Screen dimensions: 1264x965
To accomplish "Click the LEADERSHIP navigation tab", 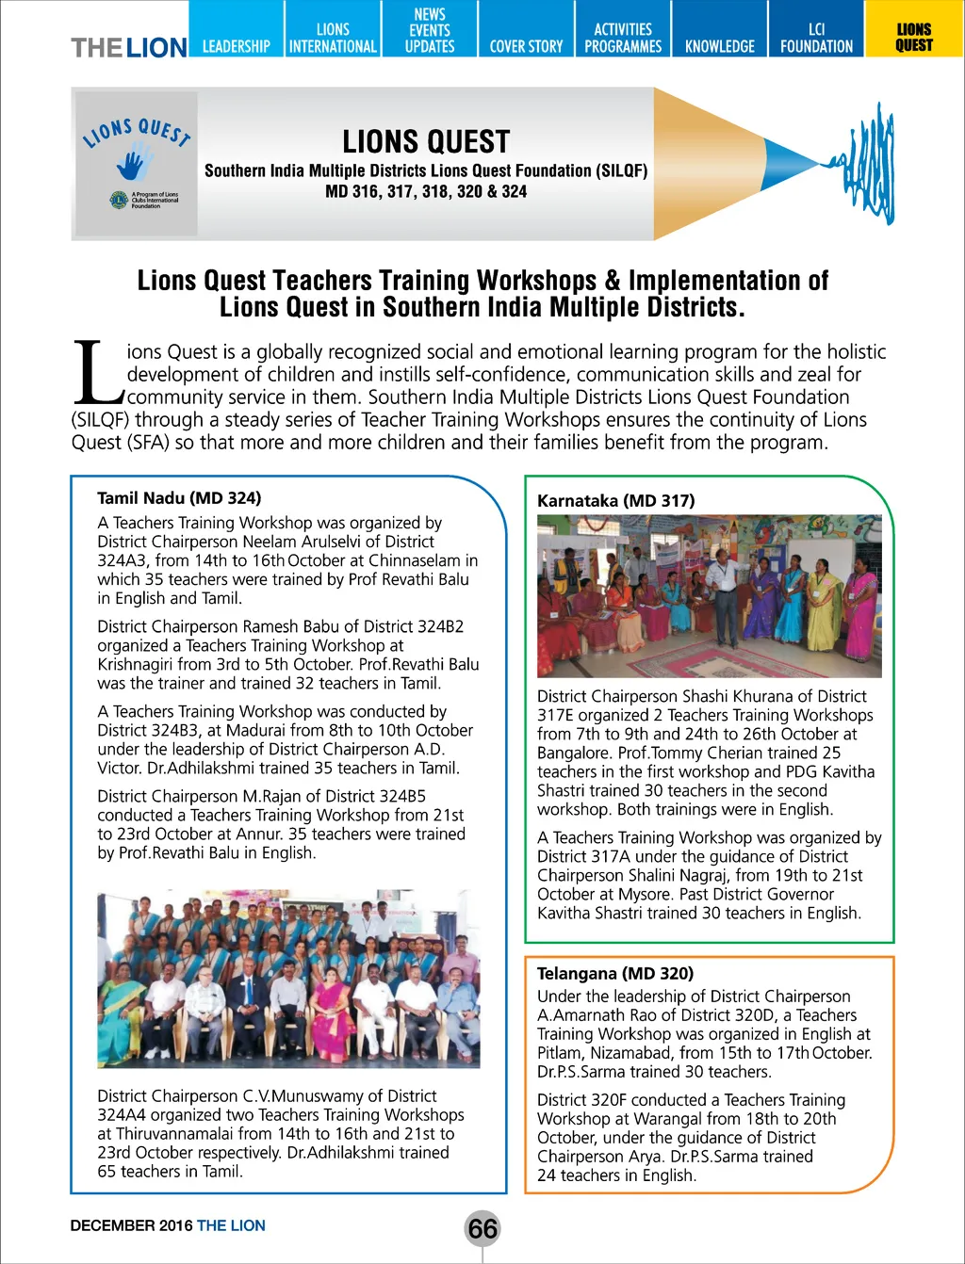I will pos(236,45).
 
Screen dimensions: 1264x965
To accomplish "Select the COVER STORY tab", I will pos(526,45).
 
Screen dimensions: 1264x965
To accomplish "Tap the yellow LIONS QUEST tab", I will pos(913,38).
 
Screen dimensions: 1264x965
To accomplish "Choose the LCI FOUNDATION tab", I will pos(816,38).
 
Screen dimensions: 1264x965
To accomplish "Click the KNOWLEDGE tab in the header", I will pos(720,45).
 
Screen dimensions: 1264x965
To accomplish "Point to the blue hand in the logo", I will pos(134,163).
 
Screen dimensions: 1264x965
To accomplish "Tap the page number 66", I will pos(482,1228).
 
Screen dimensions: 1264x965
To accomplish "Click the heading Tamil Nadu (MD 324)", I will pos(179,498).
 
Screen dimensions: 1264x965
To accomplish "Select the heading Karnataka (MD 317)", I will pos(615,501).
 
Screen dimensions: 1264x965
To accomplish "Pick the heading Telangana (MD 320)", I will pos(614,974).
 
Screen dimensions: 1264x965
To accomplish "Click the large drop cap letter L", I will pos(96,372).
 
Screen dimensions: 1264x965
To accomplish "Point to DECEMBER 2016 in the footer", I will pos(131,1225).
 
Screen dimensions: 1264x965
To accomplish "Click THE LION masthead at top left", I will pos(129,47).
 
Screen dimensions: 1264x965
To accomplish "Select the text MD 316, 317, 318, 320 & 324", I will pos(426,191).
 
